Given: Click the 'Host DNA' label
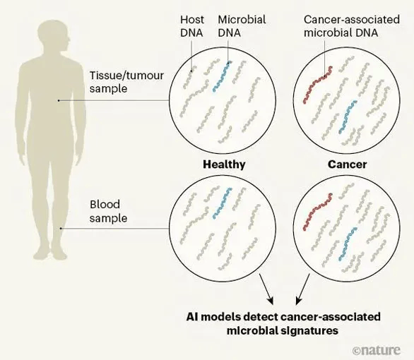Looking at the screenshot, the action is point(192,26).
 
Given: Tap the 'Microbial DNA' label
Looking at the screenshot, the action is point(242,26).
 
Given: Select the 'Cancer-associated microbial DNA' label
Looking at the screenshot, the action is point(352,26).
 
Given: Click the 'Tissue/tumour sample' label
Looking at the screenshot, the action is point(126,82).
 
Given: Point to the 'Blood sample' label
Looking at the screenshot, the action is point(108,211).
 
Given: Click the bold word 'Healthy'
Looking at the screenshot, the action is point(224,164).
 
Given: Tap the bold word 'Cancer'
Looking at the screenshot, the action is point(347,164).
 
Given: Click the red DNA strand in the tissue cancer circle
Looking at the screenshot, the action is point(317,85).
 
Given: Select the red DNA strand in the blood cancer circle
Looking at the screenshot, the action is point(317,212).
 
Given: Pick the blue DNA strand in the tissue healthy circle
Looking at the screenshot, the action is point(222,76).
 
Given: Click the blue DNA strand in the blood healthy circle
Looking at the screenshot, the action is point(222,203).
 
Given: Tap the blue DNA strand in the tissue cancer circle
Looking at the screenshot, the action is point(348,116).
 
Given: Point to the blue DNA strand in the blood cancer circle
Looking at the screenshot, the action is point(348,244).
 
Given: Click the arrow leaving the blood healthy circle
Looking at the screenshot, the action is point(266,289).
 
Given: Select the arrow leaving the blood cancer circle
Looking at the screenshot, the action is point(302,289).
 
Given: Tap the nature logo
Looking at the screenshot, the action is point(376,350).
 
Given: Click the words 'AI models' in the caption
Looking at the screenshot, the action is point(213,317).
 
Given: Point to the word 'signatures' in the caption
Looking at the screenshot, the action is point(309,331).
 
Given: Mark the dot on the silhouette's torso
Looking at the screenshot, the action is point(59,100).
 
